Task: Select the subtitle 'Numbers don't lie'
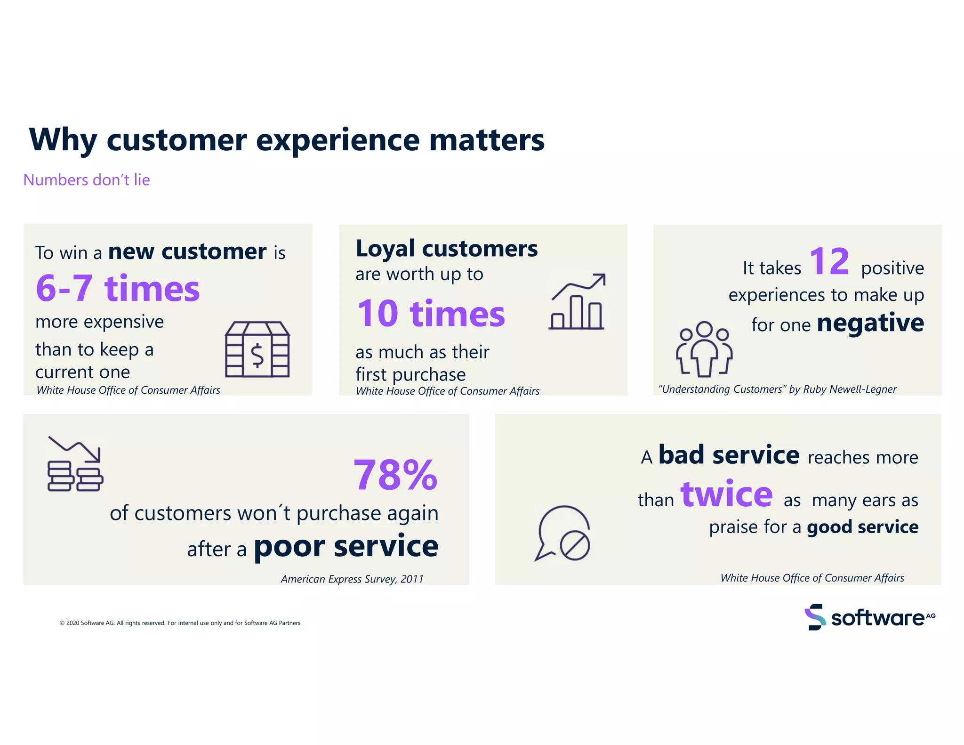pos(87,180)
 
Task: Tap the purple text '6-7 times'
pos(118,288)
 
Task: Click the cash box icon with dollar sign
pos(257,349)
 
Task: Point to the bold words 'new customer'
pos(187,251)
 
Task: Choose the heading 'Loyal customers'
pos(446,249)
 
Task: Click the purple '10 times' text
pos(431,314)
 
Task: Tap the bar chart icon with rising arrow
pos(578,302)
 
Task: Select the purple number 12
pos(829,261)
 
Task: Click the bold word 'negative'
pos(870,323)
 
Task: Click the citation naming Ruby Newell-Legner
pos(777,389)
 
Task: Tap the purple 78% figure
pos(395,475)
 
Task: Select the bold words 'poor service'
pos(346,546)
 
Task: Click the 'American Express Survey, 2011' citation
pos(352,579)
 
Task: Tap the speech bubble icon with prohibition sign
pos(562,534)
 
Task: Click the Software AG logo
pos(869,617)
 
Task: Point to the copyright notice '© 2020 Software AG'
pos(180,623)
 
